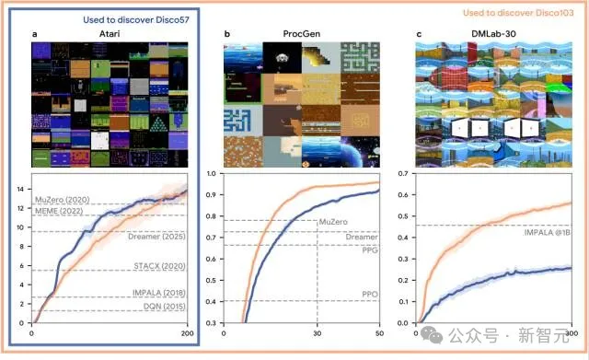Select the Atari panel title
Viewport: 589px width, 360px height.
point(111,34)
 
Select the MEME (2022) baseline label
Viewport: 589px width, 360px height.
point(64,211)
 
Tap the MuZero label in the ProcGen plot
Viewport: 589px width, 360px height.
point(334,223)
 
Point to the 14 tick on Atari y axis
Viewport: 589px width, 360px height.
point(23,189)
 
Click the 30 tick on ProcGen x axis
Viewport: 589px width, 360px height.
point(318,331)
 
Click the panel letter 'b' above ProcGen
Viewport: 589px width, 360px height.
point(226,34)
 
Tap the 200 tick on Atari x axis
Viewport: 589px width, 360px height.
point(188,331)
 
